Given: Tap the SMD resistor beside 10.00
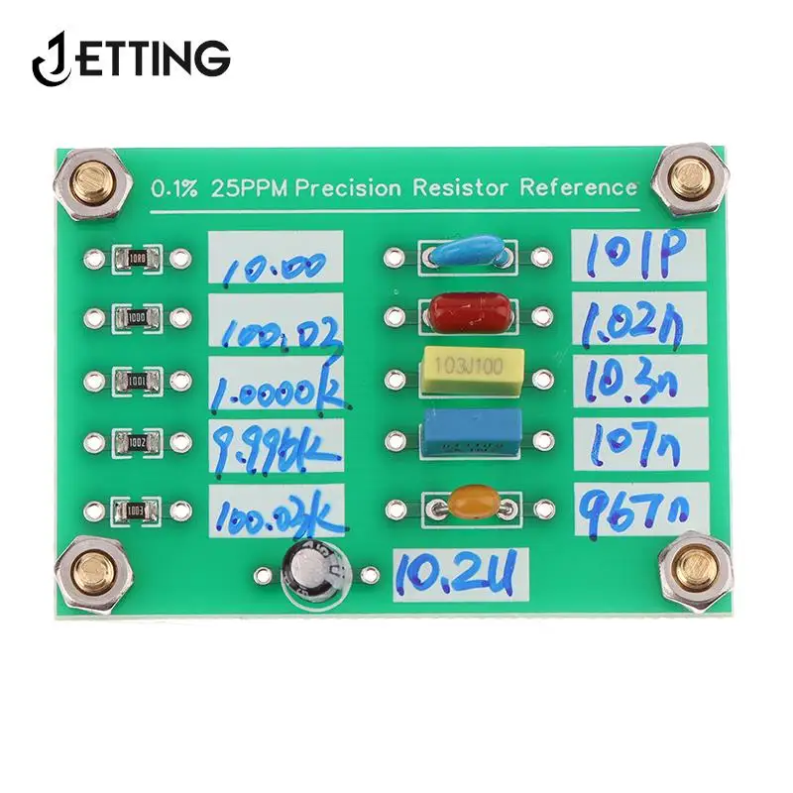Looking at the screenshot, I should pos(137,260).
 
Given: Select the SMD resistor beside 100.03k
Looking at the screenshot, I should pos(137,511).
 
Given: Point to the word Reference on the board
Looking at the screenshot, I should pos(578,186).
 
